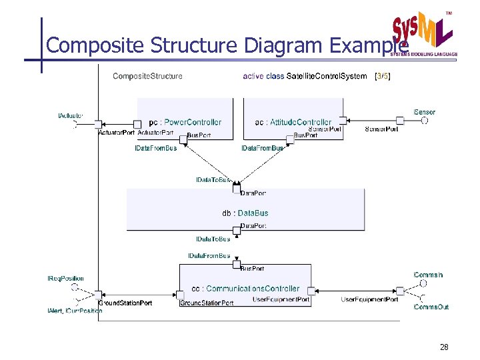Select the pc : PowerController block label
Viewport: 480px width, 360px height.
pos(185,122)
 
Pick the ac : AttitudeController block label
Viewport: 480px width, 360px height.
pos(293,122)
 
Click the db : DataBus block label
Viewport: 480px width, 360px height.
pos(245,213)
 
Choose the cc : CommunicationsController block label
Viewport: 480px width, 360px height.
pos(245,289)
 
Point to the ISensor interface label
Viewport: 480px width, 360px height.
pos(425,112)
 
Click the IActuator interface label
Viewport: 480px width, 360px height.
pos(71,117)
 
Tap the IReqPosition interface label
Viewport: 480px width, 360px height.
pos(65,279)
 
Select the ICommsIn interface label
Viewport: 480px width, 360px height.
pos(428,275)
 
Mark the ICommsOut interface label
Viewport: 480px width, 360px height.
pos(431,307)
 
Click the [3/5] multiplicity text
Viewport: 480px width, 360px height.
pos(383,76)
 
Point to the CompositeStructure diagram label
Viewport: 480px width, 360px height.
pos(147,76)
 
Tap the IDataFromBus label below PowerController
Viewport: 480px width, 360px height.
pos(156,148)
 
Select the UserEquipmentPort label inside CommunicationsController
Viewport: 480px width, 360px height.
pos(281,300)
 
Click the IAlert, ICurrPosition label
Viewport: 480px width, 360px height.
pos(75,311)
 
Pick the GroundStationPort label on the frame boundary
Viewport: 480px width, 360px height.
pos(125,303)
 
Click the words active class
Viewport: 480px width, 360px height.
pos(263,76)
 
